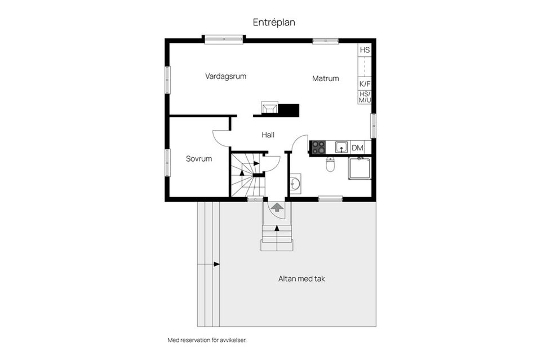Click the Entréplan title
point(274,23)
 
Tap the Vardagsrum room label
point(225,76)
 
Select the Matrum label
point(326,78)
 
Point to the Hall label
point(268,135)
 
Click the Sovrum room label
point(199,159)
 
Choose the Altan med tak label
point(302,279)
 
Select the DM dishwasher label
point(357,148)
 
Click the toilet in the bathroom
point(331,164)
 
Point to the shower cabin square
point(359,168)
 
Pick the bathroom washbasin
point(295,183)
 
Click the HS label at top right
point(365,50)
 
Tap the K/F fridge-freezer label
point(365,83)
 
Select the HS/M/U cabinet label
point(365,97)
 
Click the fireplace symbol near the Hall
point(269,108)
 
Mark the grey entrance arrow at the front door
point(277,207)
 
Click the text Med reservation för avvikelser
point(207,340)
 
